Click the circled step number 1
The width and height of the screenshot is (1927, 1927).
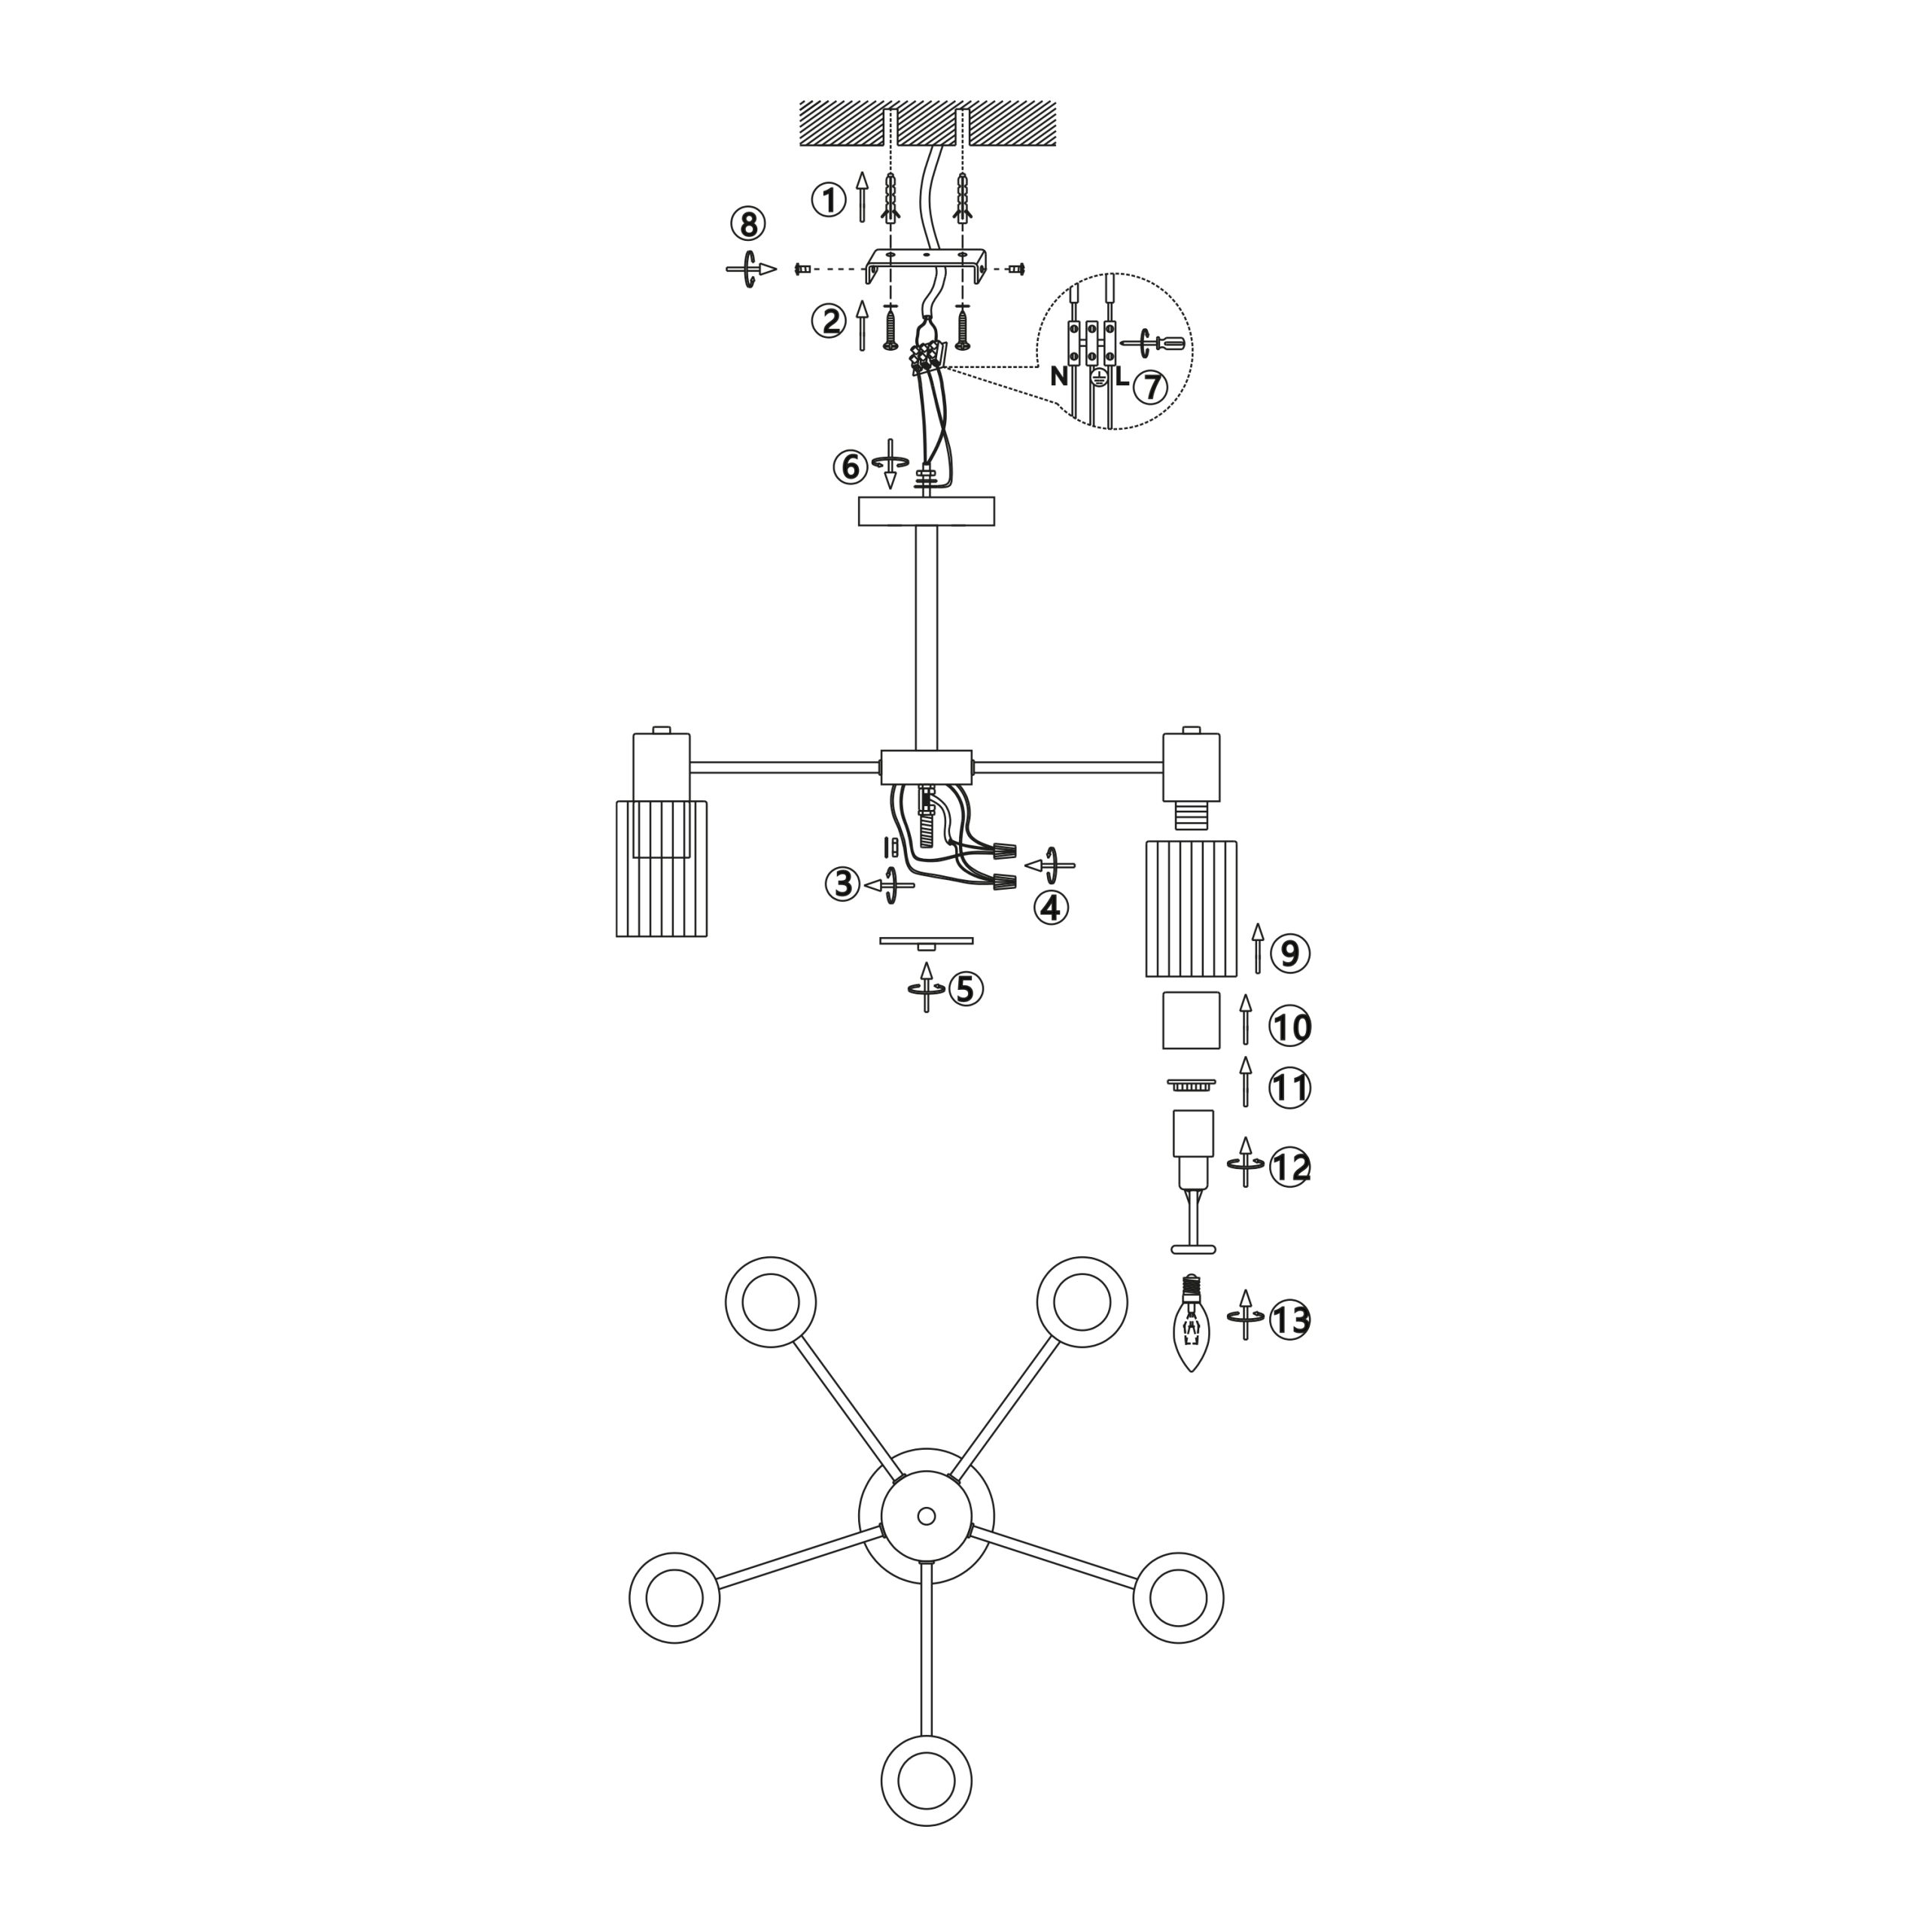point(828,200)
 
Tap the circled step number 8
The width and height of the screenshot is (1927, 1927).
point(748,224)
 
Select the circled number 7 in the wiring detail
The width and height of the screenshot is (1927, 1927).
point(1150,387)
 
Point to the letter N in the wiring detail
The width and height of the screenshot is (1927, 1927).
point(1059,377)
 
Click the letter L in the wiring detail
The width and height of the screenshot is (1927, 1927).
point(1122,377)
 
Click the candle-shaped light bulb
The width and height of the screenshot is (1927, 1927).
point(1191,1323)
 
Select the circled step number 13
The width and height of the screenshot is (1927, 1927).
point(1289,1320)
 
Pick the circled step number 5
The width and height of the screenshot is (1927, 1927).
point(966,988)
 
